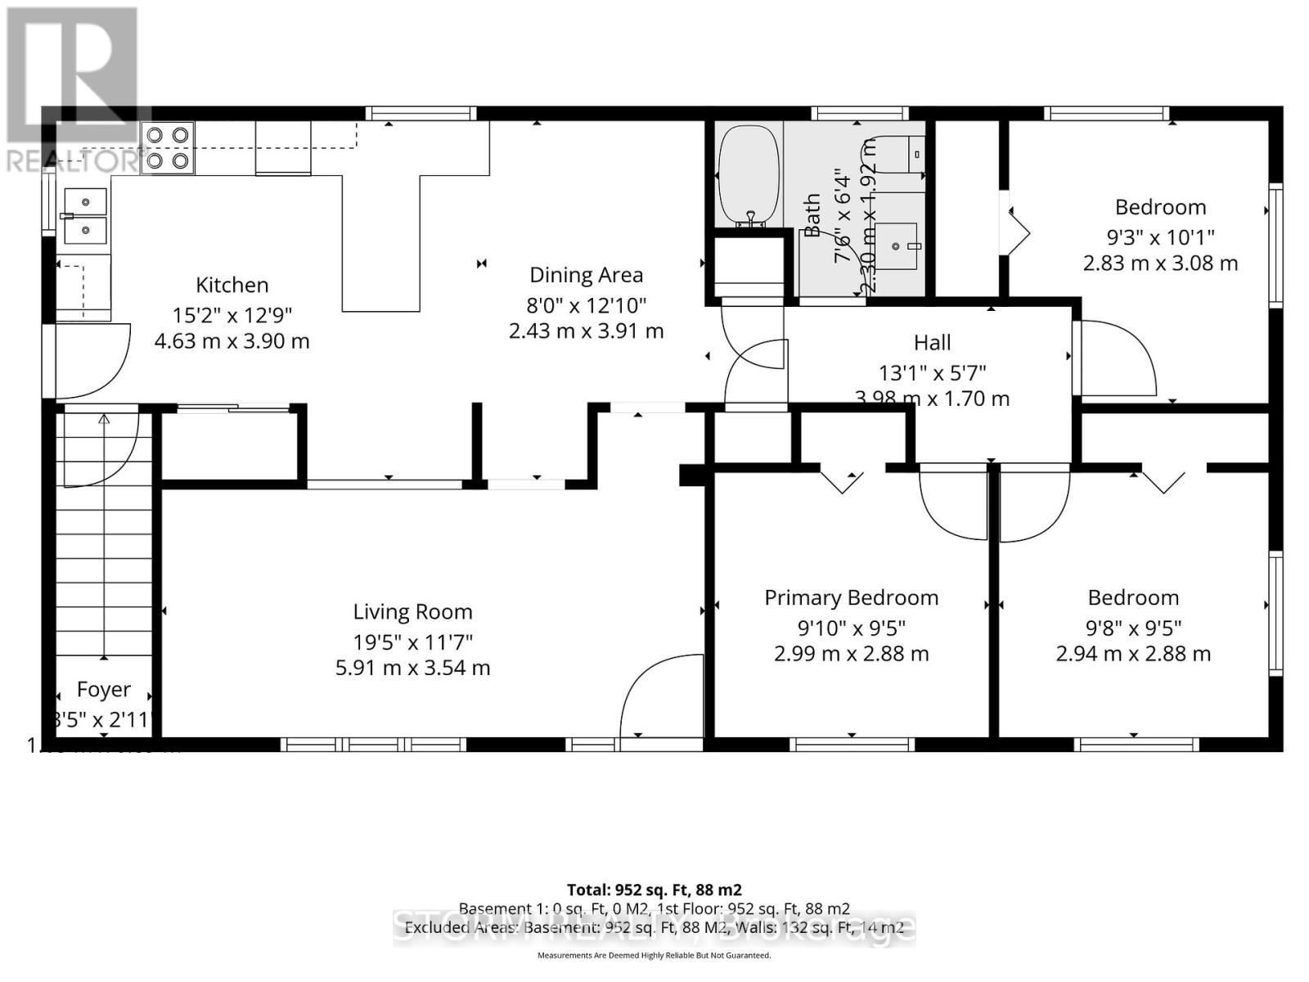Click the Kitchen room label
232,285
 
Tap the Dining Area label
586,275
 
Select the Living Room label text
412,611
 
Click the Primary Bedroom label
851,597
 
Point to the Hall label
932,342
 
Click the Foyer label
103,689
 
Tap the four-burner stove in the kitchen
167,148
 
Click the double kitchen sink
85,216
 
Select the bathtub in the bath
748,174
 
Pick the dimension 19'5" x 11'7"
412,642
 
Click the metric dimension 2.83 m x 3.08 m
1160,264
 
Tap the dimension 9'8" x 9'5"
1133,628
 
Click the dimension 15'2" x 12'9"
232,314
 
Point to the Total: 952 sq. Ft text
654,890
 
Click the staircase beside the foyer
104,556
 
